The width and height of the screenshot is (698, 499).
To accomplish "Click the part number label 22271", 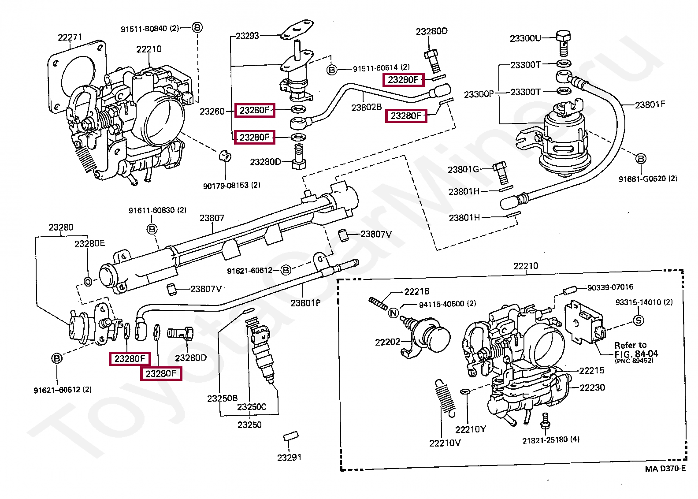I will click(x=70, y=37).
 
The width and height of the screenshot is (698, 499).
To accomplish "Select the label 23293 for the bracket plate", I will click(x=247, y=36).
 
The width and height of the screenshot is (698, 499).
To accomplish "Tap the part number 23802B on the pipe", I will click(x=366, y=107).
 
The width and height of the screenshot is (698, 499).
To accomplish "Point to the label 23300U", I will click(x=525, y=38).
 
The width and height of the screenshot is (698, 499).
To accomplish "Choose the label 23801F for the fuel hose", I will click(x=650, y=104).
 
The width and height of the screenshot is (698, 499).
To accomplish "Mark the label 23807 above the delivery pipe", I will click(x=212, y=218).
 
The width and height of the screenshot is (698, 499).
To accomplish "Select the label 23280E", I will click(x=89, y=243).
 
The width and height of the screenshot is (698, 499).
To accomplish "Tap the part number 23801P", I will click(x=305, y=303).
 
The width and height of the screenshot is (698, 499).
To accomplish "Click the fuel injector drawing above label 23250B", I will click(x=263, y=348).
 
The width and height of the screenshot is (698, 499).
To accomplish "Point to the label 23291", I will click(x=290, y=458).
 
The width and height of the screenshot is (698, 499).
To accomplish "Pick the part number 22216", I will click(x=416, y=291).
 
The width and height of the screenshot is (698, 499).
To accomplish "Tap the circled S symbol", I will click(x=638, y=320).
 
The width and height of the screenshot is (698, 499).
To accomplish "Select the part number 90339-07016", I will click(x=610, y=287).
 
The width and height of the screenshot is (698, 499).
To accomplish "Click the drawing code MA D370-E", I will click(x=665, y=469).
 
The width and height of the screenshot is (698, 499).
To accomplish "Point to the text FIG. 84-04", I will click(x=636, y=354).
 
